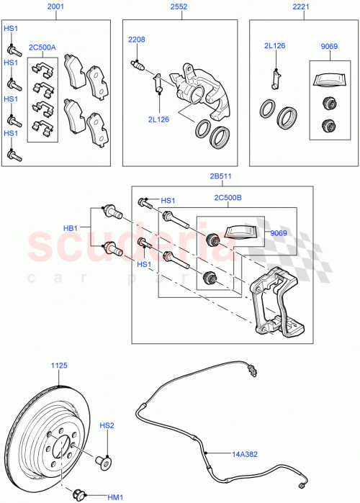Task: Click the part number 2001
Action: coord(55,7)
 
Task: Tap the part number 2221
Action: coord(300,7)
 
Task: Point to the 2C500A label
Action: coord(42,47)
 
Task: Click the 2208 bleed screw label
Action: coord(137,39)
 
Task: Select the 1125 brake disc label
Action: coord(59,366)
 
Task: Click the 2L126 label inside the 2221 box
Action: coord(274,47)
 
